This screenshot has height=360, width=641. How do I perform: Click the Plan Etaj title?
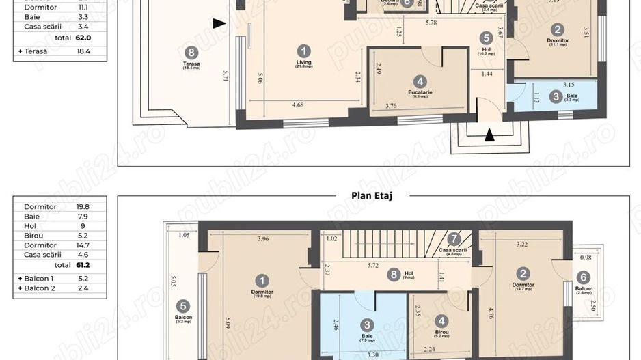coord(372,195)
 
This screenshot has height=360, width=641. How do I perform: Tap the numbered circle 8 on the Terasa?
coord(191,52)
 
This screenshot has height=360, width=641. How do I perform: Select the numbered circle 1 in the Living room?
coord(304,51)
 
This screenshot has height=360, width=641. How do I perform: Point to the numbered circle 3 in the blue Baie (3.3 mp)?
coord(556,97)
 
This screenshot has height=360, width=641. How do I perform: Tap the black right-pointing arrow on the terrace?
coord(219,24)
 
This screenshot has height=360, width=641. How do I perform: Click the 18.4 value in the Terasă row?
coord(83,51)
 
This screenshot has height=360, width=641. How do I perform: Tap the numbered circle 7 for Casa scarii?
coord(454,239)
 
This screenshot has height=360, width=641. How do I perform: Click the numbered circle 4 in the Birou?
coord(442,320)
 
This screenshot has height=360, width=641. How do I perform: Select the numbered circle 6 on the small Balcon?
coord(583,277)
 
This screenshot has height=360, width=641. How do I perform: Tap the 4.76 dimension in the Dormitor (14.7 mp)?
coord(490,314)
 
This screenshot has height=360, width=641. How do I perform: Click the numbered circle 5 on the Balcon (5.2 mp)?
coord(182,306)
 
